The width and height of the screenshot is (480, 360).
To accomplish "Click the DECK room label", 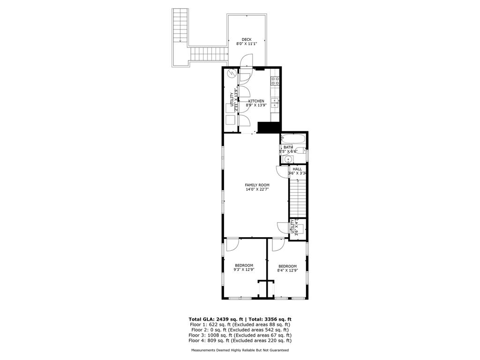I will (247, 39).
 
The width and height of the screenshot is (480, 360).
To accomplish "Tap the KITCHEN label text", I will (256, 101).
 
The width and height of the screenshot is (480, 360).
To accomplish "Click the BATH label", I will (288, 147).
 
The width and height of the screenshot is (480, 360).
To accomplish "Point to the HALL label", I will (297, 169).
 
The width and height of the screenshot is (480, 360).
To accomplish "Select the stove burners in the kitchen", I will (275, 81).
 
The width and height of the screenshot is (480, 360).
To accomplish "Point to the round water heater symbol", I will (231, 74).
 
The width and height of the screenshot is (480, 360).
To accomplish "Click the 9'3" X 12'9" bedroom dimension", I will (244, 270).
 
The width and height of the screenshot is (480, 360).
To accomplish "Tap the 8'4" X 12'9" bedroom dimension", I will (287, 270).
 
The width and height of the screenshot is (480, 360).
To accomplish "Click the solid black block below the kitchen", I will (269, 127).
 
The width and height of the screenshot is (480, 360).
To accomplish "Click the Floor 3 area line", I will (240, 335).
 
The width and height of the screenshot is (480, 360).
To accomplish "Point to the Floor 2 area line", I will (240, 330).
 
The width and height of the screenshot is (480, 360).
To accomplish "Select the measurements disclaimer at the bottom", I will (240, 350).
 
